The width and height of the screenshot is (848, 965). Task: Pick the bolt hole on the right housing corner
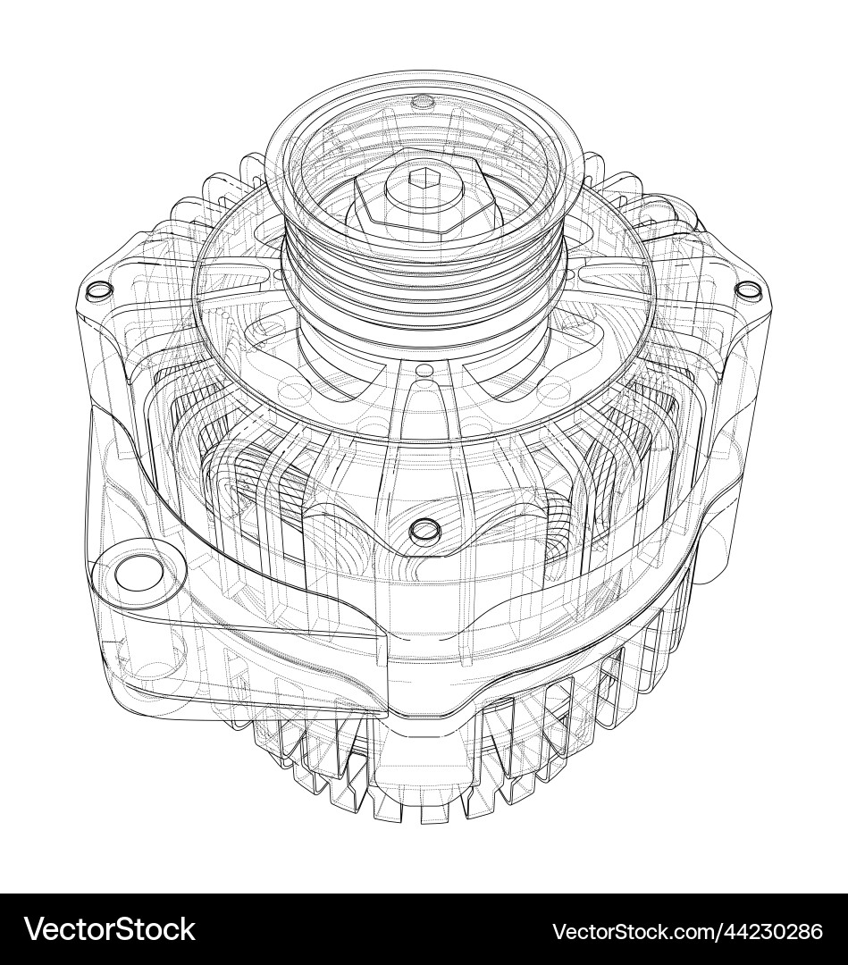click(747, 289)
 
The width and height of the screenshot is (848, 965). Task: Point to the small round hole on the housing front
click(424, 532)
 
